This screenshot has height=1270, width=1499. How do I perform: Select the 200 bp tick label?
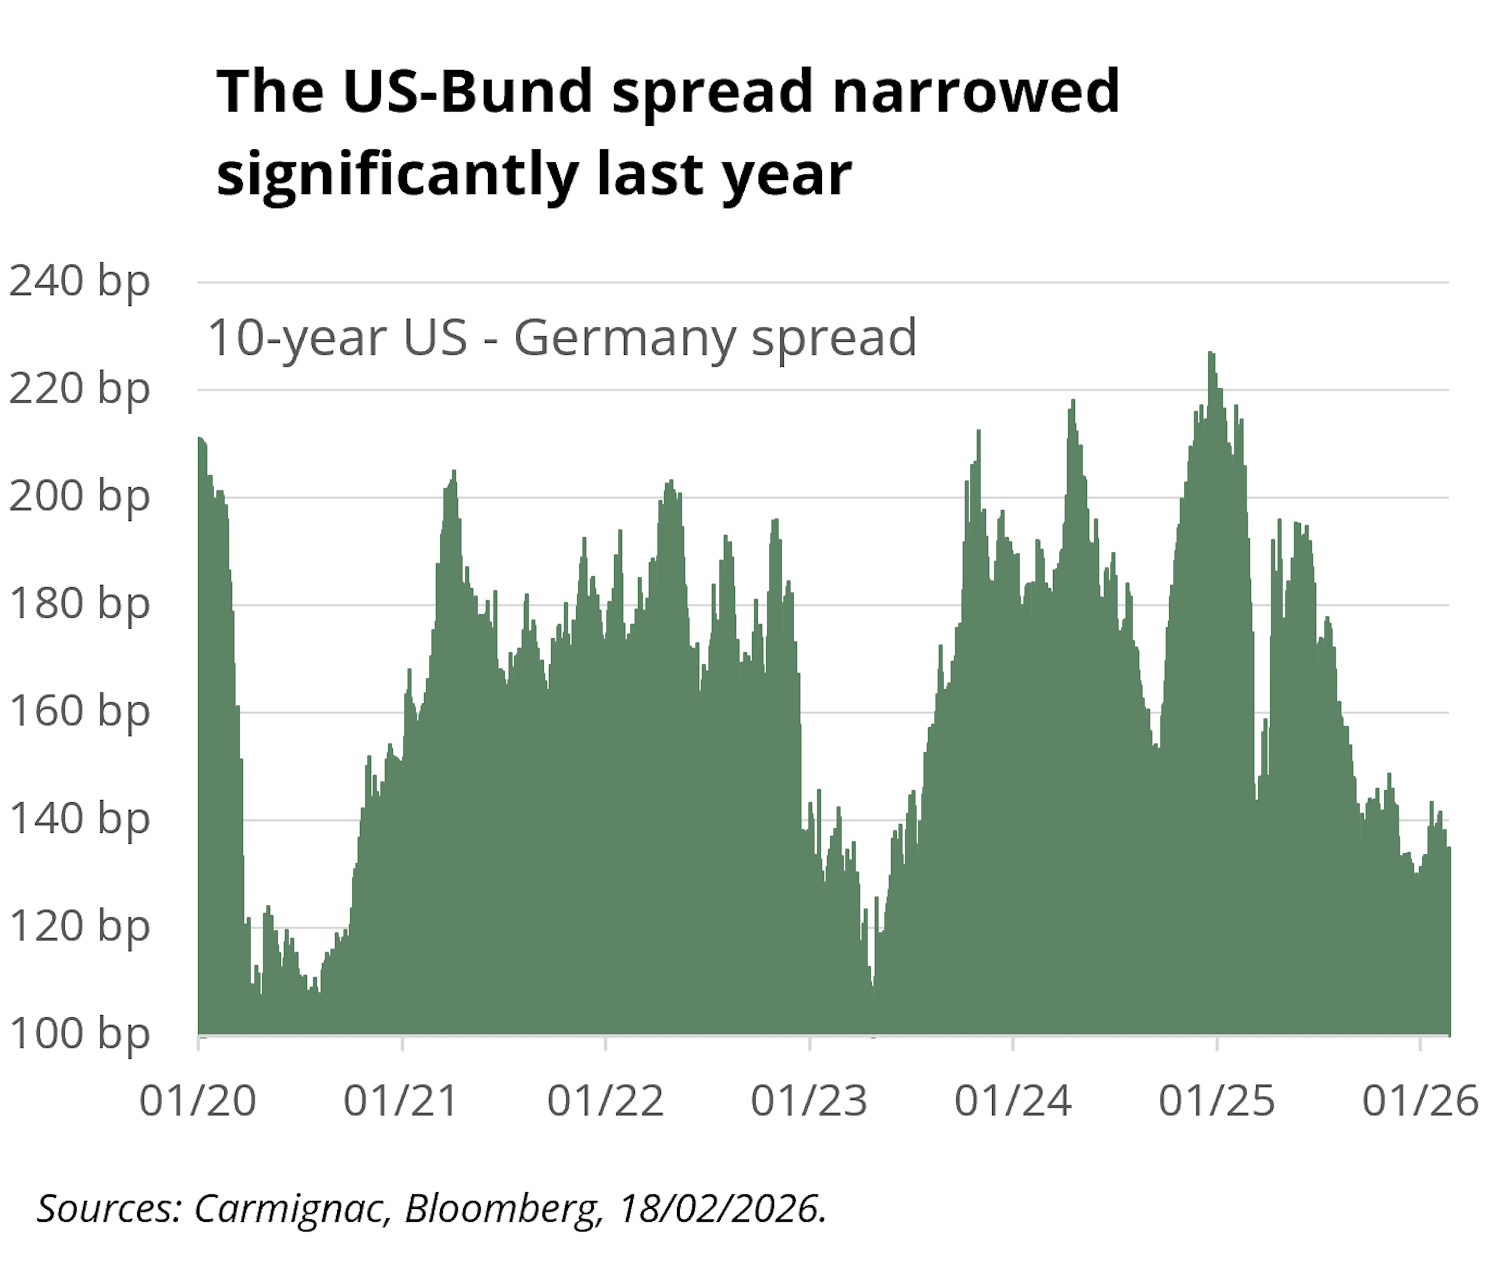[79, 497]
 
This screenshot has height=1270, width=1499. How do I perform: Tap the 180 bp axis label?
[79, 604]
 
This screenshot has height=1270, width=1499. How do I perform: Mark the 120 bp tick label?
[79, 926]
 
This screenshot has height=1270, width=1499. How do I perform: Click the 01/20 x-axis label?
[198, 1101]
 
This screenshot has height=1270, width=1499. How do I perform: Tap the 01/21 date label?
[401, 1101]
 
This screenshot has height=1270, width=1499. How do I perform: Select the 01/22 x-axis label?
[605, 1101]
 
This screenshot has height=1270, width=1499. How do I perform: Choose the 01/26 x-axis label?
[1420, 1101]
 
